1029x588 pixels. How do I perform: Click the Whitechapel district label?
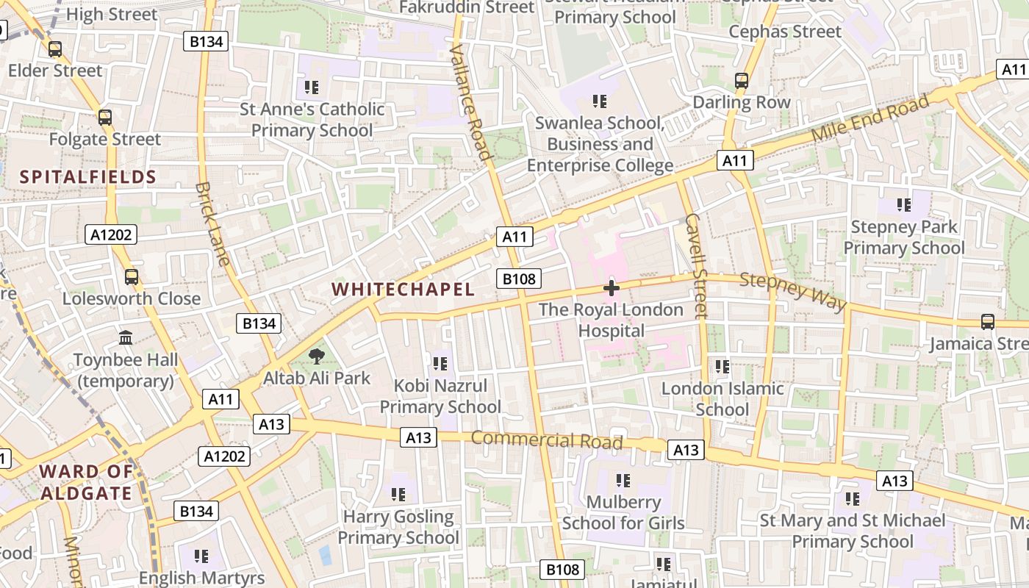click(403, 289)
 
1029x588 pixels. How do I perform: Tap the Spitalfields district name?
click(88, 176)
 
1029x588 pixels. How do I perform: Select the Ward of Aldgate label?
click(87, 482)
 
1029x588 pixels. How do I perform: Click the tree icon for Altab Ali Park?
click(317, 356)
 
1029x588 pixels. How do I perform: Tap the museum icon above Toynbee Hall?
click(126, 338)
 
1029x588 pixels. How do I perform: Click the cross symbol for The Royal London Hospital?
click(611, 288)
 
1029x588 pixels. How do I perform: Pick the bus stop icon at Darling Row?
click(742, 81)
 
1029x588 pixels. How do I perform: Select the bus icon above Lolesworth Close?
click(132, 277)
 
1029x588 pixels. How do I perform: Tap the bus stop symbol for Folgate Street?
click(105, 118)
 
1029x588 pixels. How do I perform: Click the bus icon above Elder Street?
click(55, 49)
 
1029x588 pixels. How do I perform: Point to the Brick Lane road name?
click(212, 223)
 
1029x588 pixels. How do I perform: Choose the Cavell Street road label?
click(695, 265)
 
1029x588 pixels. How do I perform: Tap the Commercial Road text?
click(547, 440)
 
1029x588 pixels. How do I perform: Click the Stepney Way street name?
click(793, 292)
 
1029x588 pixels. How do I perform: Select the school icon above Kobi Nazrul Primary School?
click(440, 363)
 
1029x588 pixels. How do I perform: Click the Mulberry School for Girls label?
click(623, 513)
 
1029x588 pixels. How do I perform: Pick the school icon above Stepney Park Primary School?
click(903, 204)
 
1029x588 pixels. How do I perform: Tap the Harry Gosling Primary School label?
click(398, 527)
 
